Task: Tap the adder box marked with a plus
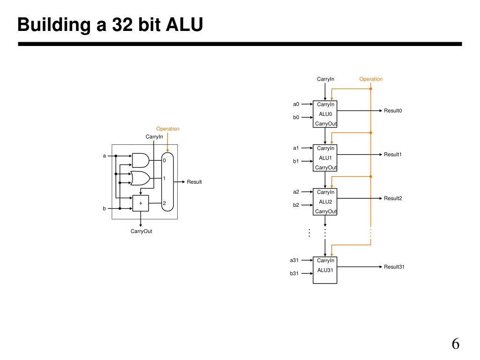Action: pyautogui.click(x=141, y=203)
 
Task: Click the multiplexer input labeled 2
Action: pyautogui.click(x=165, y=203)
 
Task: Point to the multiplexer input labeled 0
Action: pyautogui.click(x=165, y=160)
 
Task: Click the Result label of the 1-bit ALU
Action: pyautogui.click(x=195, y=182)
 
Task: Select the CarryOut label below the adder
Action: pyautogui.click(x=141, y=231)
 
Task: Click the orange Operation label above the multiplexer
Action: pyautogui.click(x=168, y=129)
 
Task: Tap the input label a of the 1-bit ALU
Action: pyautogui.click(x=105, y=156)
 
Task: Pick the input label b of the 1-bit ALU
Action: pyautogui.click(x=105, y=209)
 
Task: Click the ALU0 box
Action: pyautogui.click(x=325, y=114)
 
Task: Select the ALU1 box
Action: pyautogui.click(x=325, y=158)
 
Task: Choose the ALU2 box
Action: pyautogui.click(x=325, y=202)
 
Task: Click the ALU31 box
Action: pyautogui.click(x=325, y=270)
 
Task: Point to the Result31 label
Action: pyautogui.click(x=394, y=267)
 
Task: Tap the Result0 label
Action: pyautogui.click(x=393, y=111)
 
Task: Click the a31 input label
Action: pyautogui.click(x=294, y=260)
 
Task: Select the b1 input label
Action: pyautogui.click(x=296, y=161)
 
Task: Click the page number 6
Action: pyautogui.click(x=456, y=344)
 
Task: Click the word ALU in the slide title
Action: pyautogui.click(x=184, y=24)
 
